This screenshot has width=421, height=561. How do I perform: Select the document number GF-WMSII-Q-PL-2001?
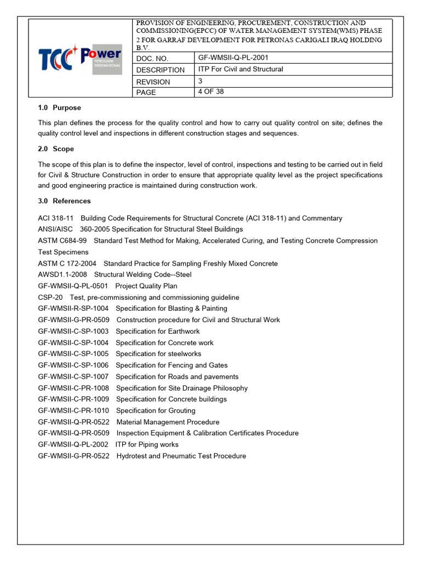[233, 58]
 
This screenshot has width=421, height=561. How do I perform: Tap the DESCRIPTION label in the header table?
[160, 70]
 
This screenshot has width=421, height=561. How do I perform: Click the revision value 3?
[200, 81]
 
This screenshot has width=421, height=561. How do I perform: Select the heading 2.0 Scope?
[56, 149]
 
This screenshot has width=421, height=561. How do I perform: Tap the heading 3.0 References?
[64, 201]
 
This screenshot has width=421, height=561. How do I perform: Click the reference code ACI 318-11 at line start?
[56, 218]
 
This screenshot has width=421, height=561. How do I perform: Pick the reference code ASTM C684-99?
[62, 241]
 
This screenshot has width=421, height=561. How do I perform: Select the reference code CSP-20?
[50, 297]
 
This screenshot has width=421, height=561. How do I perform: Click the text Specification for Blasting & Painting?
[171, 308]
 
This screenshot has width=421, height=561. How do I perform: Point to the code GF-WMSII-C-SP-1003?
[73, 331]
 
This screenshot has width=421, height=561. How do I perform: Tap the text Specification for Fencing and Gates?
[172, 365]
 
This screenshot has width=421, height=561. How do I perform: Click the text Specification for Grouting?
[156, 411]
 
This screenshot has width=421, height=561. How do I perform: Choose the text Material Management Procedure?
[168, 422]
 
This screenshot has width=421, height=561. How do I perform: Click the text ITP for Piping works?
[146, 445]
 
